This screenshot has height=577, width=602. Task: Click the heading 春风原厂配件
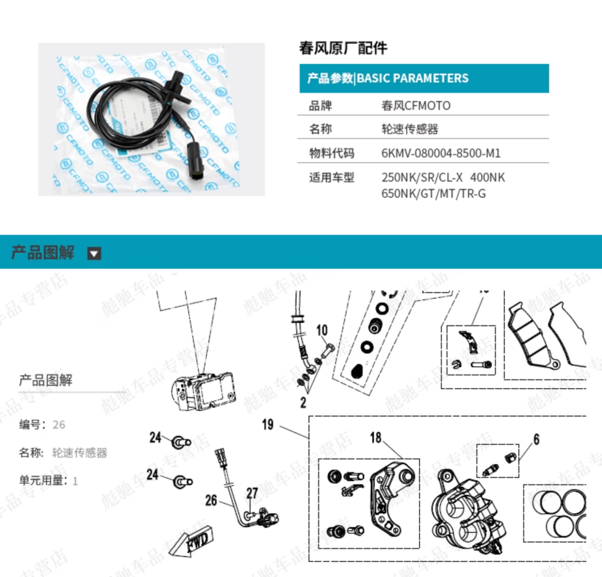click(x=343, y=48)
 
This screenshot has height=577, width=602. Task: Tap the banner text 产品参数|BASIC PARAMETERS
click(x=388, y=78)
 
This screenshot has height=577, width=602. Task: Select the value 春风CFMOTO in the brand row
click(x=416, y=106)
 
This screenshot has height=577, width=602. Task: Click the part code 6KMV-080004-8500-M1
click(x=441, y=153)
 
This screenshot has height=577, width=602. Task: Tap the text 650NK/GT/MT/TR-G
click(x=433, y=194)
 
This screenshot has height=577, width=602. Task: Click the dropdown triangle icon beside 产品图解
click(x=95, y=253)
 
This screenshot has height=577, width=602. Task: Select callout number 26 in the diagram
click(x=211, y=499)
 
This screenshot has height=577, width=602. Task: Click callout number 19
click(x=267, y=425)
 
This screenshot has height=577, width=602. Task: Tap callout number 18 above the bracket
click(x=376, y=437)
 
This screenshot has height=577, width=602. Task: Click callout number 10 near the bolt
click(x=322, y=330)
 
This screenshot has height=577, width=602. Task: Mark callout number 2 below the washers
click(x=304, y=403)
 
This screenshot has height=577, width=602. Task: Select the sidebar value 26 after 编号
click(x=59, y=425)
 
